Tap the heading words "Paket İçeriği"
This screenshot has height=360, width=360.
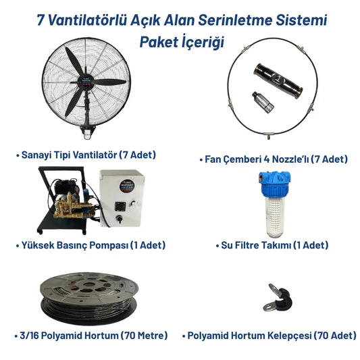tap(180, 41)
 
